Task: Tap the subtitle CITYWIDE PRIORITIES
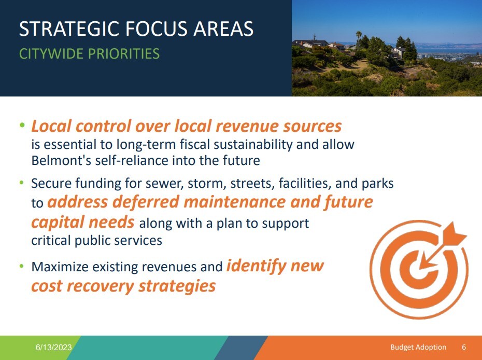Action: [x=89, y=53]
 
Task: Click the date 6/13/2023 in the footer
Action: [x=53, y=347]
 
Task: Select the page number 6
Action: [x=464, y=347]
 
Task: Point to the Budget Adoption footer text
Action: [x=418, y=347]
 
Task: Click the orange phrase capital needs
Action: [x=83, y=223]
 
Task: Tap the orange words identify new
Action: [x=275, y=266]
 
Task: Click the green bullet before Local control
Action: [x=22, y=126]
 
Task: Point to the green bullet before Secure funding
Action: [x=22, y=183]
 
